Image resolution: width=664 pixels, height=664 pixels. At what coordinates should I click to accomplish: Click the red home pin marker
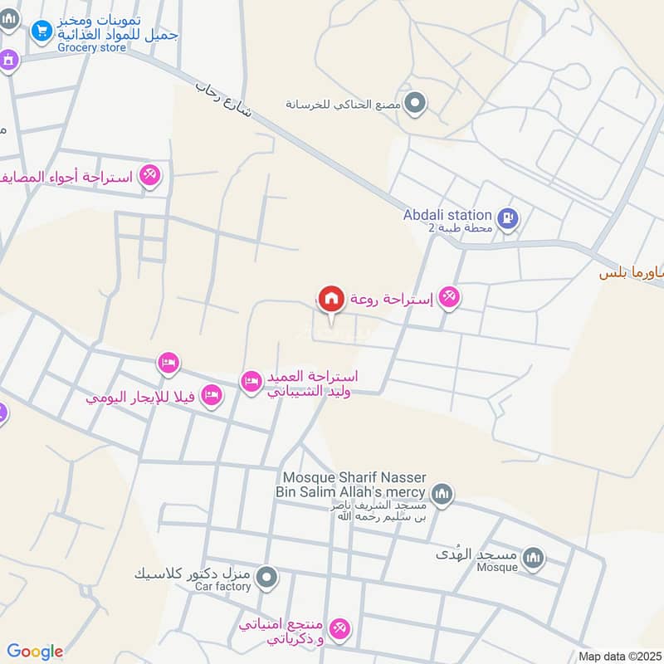coord(330,298)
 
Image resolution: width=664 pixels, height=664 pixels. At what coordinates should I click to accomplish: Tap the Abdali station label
coord(447,215)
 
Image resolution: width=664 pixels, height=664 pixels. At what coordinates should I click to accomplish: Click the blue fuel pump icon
coord(510,220)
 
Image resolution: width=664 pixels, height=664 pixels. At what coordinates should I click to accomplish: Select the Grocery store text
coord(91,47)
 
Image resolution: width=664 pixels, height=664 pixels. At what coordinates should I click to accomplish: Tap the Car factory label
coord(222,587)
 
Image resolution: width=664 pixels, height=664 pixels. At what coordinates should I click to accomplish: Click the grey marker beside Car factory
coord(266,577)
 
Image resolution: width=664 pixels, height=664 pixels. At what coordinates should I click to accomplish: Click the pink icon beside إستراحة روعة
coord(448,296)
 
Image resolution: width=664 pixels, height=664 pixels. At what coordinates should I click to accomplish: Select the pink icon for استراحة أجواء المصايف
coord(149,176)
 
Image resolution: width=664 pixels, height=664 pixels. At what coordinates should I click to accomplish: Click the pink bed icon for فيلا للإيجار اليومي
coord(212,396)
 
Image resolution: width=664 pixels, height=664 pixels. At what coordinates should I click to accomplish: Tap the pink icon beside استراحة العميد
coord(251,381)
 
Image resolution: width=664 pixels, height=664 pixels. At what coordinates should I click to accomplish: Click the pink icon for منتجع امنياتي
coord(339,628)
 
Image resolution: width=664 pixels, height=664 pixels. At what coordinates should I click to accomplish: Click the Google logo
coord(35,652)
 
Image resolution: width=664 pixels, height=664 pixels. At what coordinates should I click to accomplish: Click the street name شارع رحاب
coord(225,97)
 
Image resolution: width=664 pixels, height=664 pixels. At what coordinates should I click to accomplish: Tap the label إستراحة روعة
coord(391,297)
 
